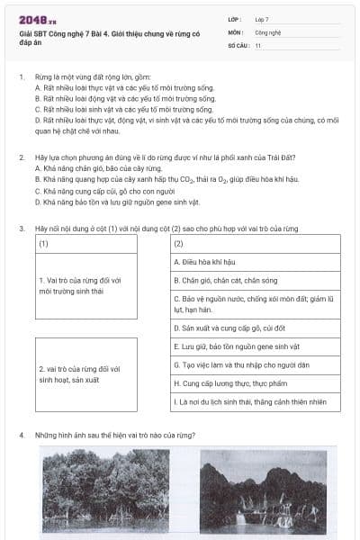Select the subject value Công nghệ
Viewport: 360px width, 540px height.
(x=268, y=31)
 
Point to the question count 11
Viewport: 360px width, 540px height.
(x=257, y=44)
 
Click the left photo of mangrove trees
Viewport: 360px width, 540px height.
(x=105, y=491)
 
